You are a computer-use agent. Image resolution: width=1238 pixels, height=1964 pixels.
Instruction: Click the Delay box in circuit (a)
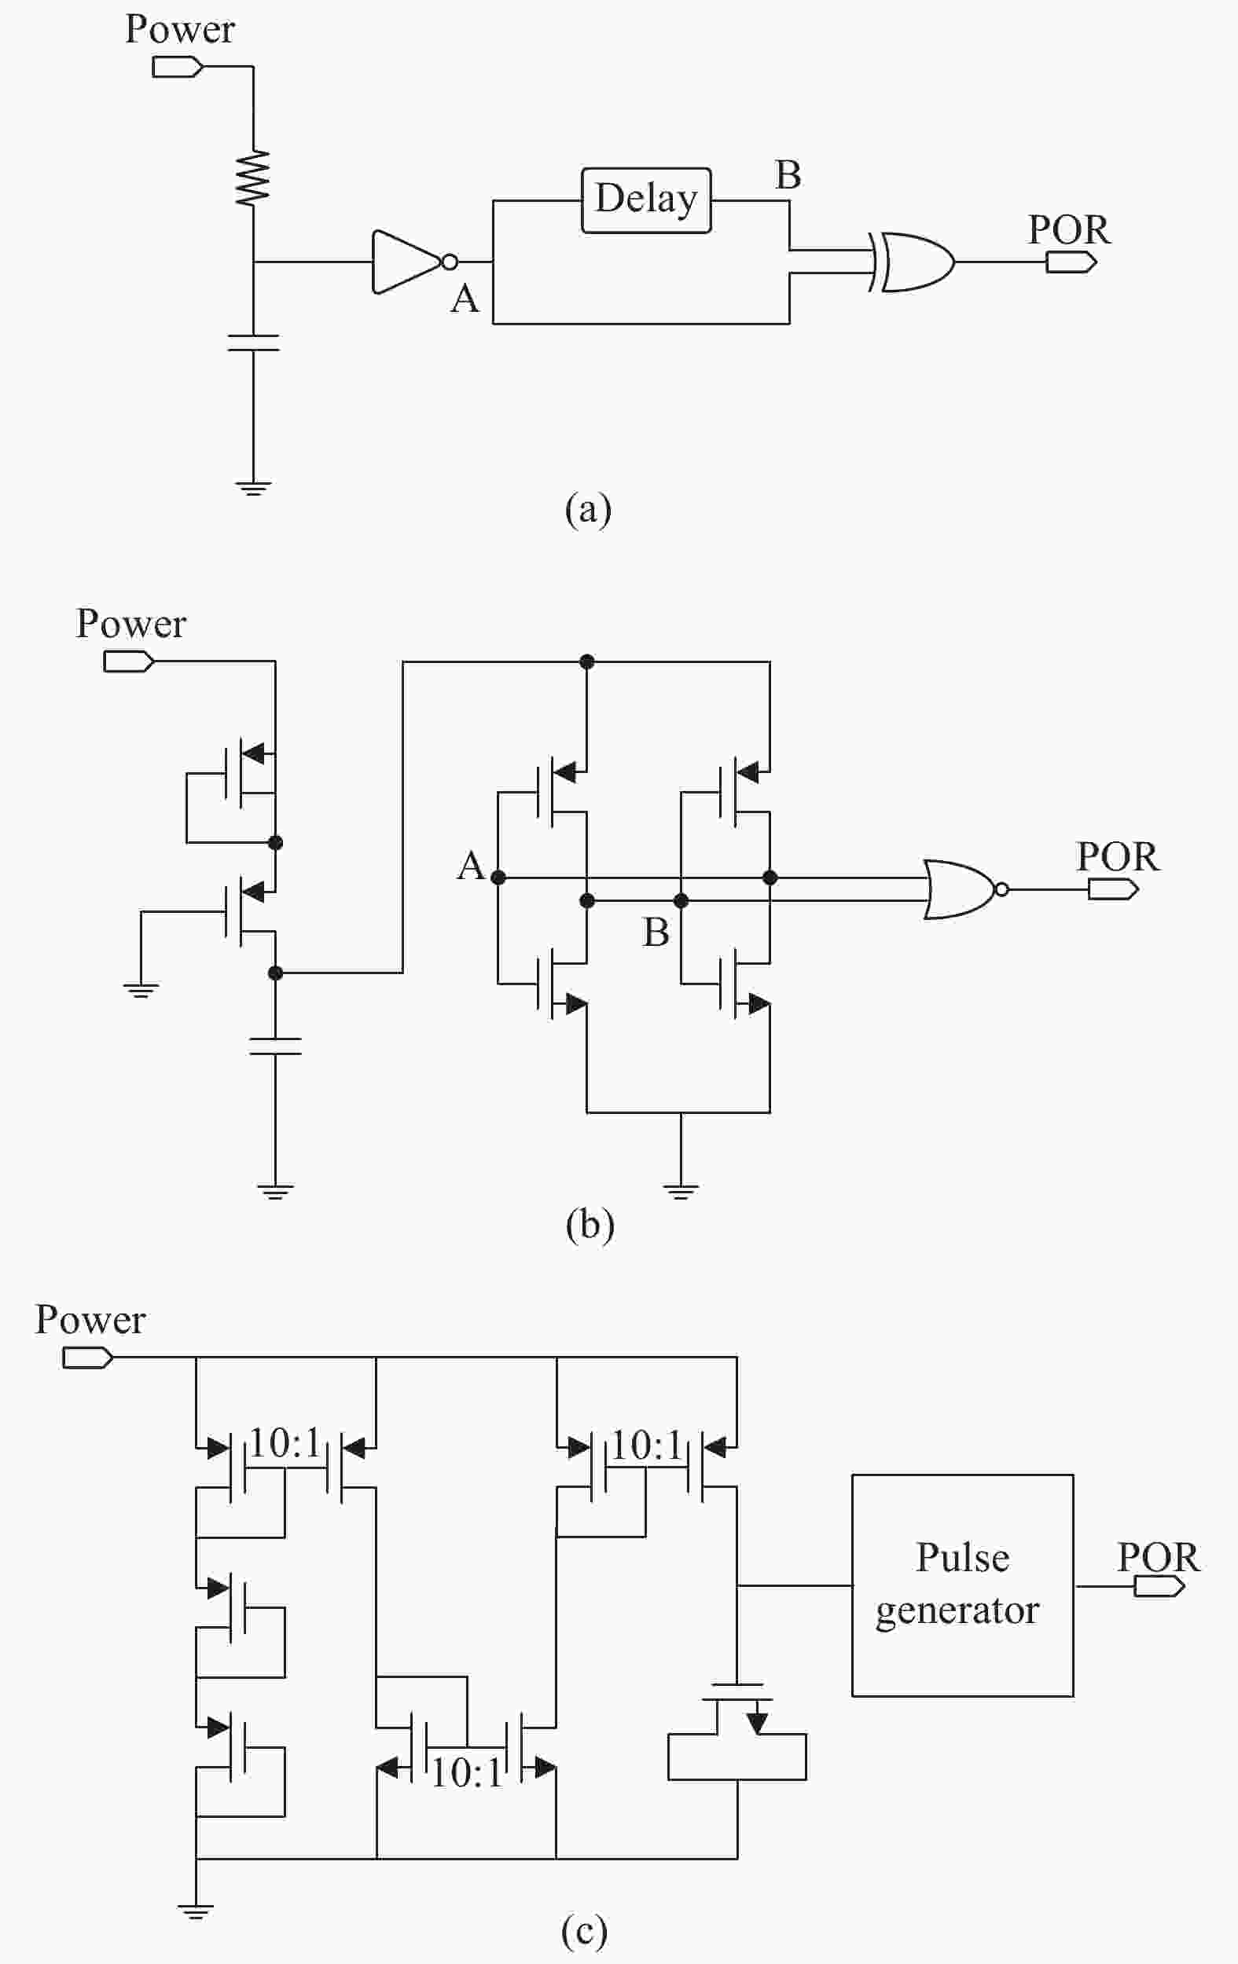point(645,200)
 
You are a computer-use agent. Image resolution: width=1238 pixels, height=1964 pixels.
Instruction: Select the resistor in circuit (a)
point(253,177)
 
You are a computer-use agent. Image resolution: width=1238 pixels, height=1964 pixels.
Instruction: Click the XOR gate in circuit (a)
point(912,262)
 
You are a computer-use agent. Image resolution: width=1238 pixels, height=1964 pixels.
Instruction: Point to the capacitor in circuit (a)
point(253,343)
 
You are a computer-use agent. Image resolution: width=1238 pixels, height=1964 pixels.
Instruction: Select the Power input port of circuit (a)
point(178,67)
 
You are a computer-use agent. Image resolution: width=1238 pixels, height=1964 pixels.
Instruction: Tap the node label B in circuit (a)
point(788,175)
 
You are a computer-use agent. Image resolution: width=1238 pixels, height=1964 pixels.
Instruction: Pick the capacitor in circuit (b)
point(275,1046)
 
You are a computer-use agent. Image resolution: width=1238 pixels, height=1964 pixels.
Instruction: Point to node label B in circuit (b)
point(656,933)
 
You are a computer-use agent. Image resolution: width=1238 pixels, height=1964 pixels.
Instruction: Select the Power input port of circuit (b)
point(129,661)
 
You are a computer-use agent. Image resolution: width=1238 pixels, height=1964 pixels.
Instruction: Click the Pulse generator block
point(962,1585)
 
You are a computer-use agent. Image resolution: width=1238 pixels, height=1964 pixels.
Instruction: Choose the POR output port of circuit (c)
point(1159,1586)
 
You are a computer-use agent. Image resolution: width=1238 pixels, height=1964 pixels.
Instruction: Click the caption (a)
point(588,510)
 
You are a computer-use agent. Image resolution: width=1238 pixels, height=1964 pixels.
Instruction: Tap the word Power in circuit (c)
point(90,1319)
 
